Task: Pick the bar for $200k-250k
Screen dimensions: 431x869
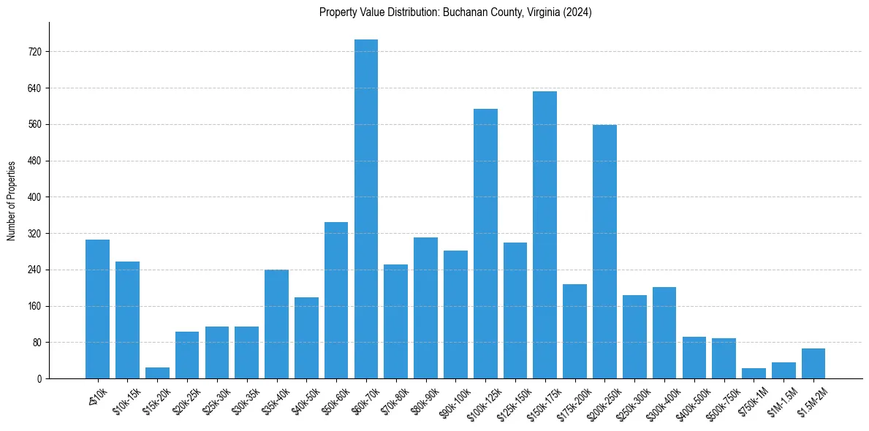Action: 604,251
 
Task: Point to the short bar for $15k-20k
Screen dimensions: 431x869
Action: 157,373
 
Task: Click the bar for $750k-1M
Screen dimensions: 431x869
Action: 754,373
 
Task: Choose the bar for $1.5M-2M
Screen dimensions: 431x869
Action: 813,364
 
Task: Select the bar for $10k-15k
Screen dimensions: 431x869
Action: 127,320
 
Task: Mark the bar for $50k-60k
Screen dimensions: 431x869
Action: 336,300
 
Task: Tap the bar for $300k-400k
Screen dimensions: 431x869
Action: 664,332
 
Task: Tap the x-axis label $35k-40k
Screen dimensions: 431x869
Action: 276,400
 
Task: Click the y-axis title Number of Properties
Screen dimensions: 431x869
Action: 11,201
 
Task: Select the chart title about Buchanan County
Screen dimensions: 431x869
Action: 455,12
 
